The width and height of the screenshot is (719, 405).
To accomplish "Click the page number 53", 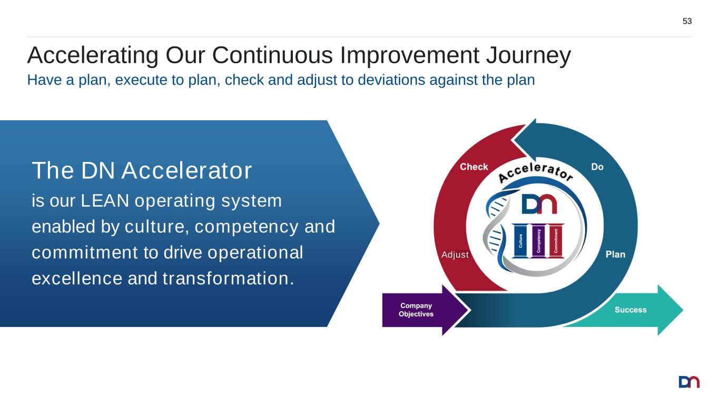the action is [x=687, y=21].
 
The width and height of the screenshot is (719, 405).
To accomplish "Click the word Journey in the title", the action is [x=528, y=55].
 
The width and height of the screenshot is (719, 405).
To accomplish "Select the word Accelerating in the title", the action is [x=93, y=55].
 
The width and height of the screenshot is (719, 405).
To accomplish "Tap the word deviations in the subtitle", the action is [x=391, y=80].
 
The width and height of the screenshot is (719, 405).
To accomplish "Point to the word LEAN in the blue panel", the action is [x=105, y=201].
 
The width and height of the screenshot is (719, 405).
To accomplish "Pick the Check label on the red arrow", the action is [x=474, y=167].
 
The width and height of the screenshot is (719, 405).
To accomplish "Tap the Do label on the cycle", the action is [x=597, y=167].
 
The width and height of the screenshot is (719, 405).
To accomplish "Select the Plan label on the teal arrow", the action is [x=615, y=255].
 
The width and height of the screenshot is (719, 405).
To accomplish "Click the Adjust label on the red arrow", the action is [x=455, y=255].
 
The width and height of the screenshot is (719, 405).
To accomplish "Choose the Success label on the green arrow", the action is [x=631, y=310].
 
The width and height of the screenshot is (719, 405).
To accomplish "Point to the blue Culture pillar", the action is [x=520, y=241].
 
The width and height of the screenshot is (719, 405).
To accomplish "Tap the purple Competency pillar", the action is [x=538, y=241].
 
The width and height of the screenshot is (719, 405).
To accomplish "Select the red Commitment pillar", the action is [x=556, y=241].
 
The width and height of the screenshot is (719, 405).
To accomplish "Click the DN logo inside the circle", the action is [x=539, y=204].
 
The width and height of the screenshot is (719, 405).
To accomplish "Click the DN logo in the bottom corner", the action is [x=689, y=382].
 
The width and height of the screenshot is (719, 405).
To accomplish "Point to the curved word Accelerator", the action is [x=535, y=172].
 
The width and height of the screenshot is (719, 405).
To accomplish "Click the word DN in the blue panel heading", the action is [x=98, y=170].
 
